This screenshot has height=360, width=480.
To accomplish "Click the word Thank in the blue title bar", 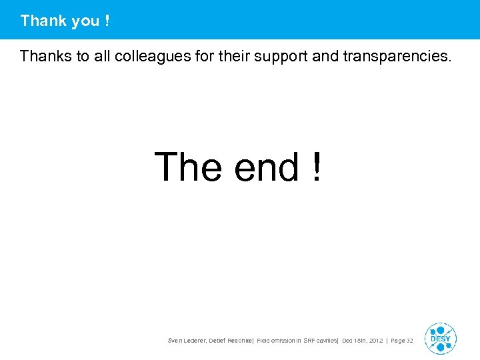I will (43, 21).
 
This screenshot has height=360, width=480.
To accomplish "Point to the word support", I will (278, 56).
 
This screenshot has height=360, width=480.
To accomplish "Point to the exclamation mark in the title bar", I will (107, 21).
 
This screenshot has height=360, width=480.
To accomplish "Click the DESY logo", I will (440, 338).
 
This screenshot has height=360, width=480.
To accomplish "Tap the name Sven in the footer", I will (175, 341).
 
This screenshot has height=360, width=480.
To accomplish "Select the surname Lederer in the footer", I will (195, 341).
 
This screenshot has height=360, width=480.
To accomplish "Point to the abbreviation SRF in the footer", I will (311, 341).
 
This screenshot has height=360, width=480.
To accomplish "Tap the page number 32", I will (409, 341).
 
